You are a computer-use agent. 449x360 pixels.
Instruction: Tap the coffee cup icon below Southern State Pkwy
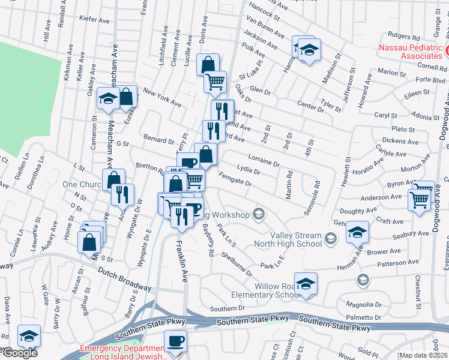tap(176, 341)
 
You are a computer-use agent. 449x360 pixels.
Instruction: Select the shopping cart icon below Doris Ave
tap(215, 81)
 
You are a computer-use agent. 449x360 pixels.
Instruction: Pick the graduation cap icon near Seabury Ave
tap(357, 232)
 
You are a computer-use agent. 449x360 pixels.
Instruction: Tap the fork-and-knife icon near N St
tap(122, 194)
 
